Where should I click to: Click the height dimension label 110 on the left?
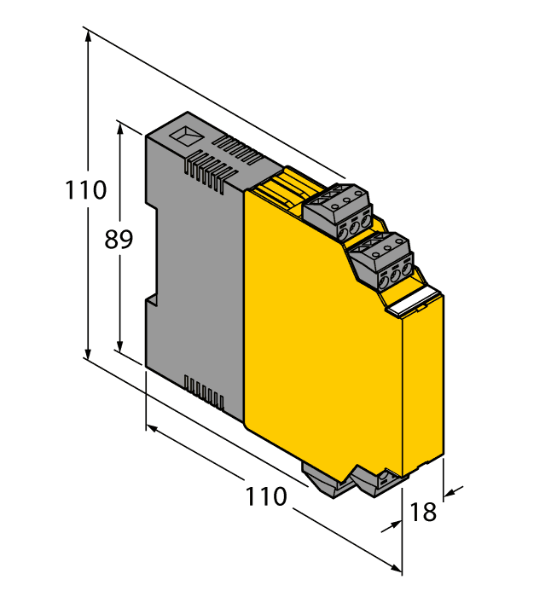86,189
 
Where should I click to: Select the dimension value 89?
119,240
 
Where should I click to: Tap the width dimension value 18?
424,512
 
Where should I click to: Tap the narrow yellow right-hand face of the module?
423,384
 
